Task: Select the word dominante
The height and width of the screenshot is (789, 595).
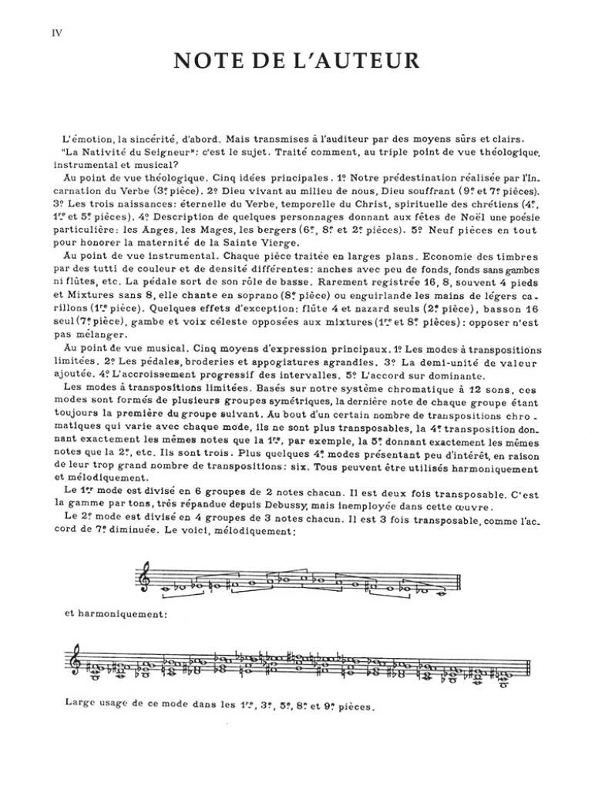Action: pos(455,376)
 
